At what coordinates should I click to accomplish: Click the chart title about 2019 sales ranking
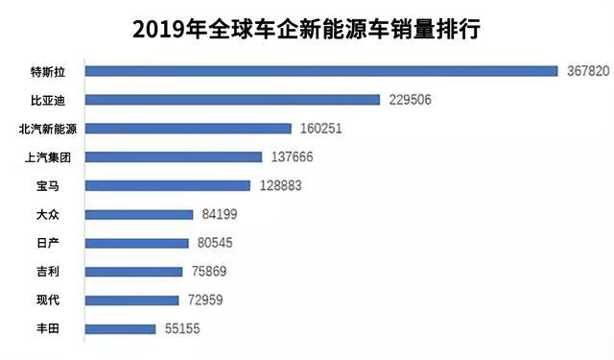(306, 30)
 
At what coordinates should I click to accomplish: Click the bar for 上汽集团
(173, 157)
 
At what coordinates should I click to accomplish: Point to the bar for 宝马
(167, 185)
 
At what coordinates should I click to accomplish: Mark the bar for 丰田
(120, 329)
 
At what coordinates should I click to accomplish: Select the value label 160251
(321, 129)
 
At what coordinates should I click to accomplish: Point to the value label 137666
(292, 157)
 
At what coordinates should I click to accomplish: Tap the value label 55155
(181, 329)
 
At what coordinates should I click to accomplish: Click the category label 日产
(47, 243)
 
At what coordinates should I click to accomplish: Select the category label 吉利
(47, 272)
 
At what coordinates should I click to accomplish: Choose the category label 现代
(47, 300)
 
